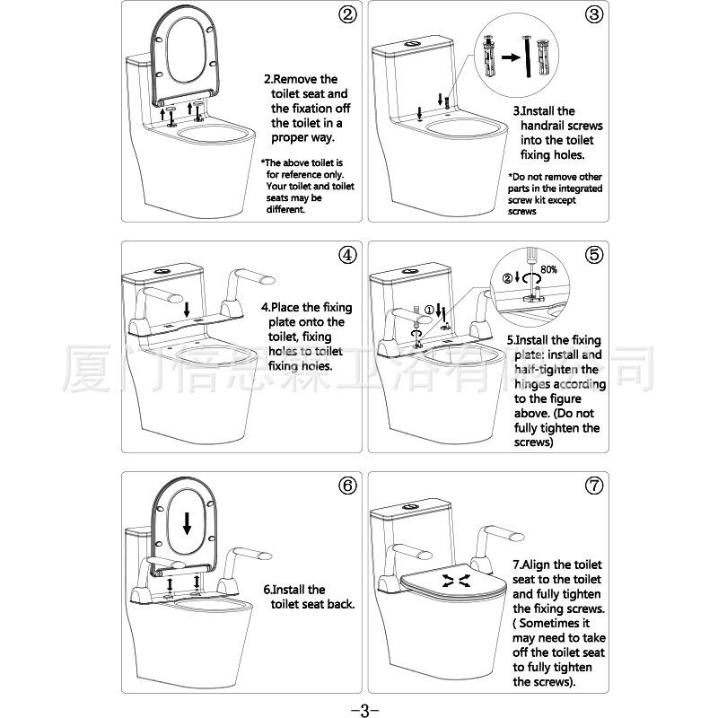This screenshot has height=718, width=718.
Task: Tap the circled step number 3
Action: click(593, 15)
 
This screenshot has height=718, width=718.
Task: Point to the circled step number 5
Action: click(593, 254)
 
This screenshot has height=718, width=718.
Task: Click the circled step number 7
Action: click(593, 486)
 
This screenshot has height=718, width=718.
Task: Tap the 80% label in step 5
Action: click(549, 268)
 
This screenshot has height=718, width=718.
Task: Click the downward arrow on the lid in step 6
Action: click(187, 522)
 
